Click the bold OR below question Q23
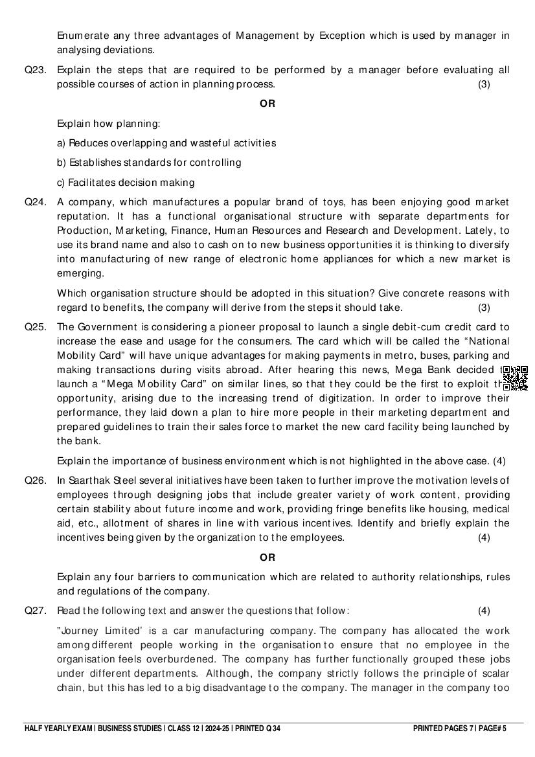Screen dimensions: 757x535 click(x=267, y=104)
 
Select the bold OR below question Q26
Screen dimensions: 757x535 click(x=267, y=557)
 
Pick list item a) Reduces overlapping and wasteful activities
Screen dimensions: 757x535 click(x=166, y=142)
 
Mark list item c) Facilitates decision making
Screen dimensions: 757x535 click(x=126, y=183)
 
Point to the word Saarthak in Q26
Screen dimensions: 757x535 click(x=91, y=480)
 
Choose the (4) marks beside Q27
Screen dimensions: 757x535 click(x=484, y=610)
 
